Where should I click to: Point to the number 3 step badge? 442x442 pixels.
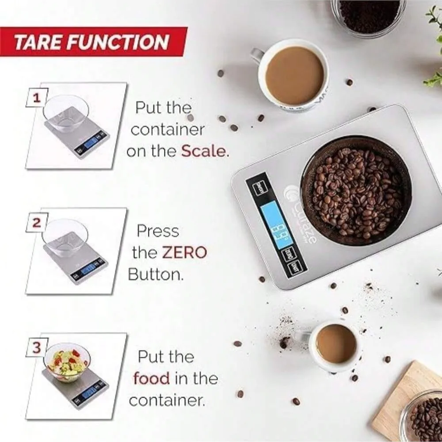(x=37, y=348)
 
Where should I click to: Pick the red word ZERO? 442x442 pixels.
(x=184, y=253)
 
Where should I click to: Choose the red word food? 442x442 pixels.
(x=151, y=378)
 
